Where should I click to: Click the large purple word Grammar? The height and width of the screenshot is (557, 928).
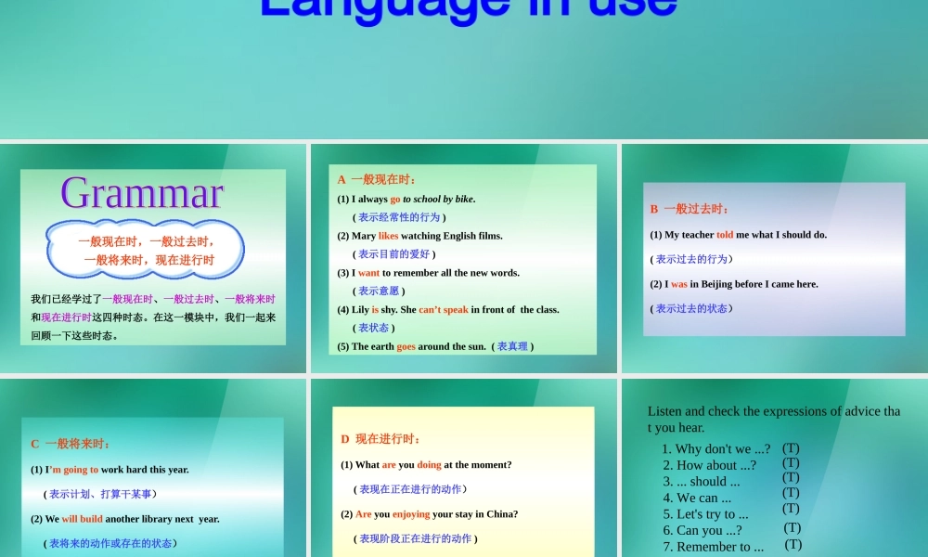pyautogui.click(x=142, y=193)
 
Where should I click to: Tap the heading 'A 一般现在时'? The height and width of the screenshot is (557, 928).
pyautogui.click(x=377, y=179)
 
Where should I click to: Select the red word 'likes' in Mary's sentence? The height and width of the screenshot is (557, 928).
pyautogui.click(x=388, y=236)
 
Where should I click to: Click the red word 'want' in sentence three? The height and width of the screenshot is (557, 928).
pyautogui.click(x=368, y=273)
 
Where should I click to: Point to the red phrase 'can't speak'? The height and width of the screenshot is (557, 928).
pyautogui.click(x=443, y=310)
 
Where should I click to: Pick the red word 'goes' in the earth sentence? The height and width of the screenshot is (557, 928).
pyautogui.click(x=406, y=346)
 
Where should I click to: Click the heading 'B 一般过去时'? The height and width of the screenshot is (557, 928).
pyautogui.click(x=690, y=209)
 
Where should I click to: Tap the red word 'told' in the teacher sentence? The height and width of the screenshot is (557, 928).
pyautogui.click(x=725, y=235)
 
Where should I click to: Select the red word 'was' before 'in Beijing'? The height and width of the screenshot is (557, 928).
pyautogui.click(x=679, y=284)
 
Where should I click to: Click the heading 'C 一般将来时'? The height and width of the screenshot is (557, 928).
pyautogui.click(x=71, y=444)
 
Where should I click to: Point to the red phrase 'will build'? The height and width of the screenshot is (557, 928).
pyautogui.click(x=83, y=519)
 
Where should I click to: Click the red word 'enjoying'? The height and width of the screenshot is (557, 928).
pyautogui.click(x=411, y=514)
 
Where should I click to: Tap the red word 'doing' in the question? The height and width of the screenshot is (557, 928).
pyautogui.click(x=429, y=465)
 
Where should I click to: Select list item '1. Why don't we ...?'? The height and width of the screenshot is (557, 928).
pyautogui.click(x=715, y=449)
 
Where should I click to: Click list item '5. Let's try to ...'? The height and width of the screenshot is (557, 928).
pyautogui.click(x=705, y=514)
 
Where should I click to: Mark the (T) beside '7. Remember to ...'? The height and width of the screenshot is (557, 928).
pyautogui.click(x=793, y=545)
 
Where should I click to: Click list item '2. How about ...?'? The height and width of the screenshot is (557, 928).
pyautogui.click(x=709, y=465)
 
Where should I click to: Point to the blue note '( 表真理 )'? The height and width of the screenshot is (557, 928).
pyautogui.click(x=512, y=346)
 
